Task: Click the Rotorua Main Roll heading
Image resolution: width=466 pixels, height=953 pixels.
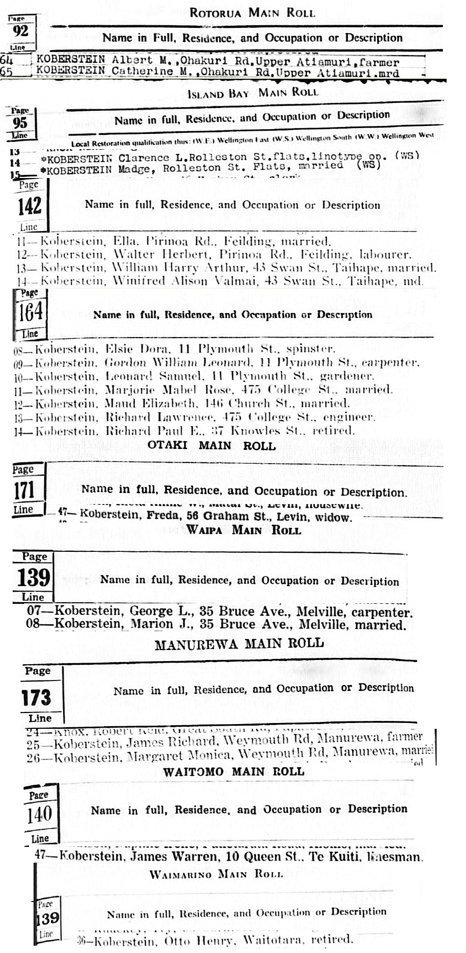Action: (252, 13)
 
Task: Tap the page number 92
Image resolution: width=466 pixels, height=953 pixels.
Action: (20, 31)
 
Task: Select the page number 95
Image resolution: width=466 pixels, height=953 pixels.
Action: (20, 123)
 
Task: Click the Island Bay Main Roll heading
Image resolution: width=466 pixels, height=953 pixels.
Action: (252, 93)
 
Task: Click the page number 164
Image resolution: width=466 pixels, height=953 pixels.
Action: (30, 313)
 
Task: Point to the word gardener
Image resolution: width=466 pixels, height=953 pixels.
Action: (346, 376)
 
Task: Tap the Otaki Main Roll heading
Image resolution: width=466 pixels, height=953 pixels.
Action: (211, 446)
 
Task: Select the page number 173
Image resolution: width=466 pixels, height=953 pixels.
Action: (36, 697)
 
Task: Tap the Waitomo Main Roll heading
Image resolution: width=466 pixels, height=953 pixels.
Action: (234, 771)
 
